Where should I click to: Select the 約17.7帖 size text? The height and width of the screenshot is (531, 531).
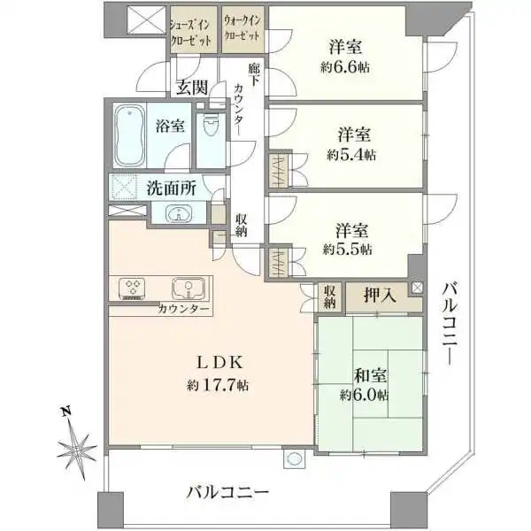coord(218,385)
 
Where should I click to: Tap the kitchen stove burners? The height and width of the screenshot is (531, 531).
coord(134,288)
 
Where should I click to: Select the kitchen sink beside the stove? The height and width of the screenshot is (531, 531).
coord(189,288)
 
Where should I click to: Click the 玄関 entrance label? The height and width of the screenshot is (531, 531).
coord(192,87)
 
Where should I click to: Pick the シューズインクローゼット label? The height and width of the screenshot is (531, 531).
coord(192,32)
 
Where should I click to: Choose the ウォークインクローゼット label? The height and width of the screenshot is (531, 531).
coord(241,32)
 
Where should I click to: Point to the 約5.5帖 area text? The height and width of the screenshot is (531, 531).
coord(348,250)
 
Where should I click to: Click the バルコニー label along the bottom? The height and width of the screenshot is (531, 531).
coord(227,491)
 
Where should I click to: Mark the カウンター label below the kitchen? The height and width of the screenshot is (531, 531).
coord(184,310)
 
